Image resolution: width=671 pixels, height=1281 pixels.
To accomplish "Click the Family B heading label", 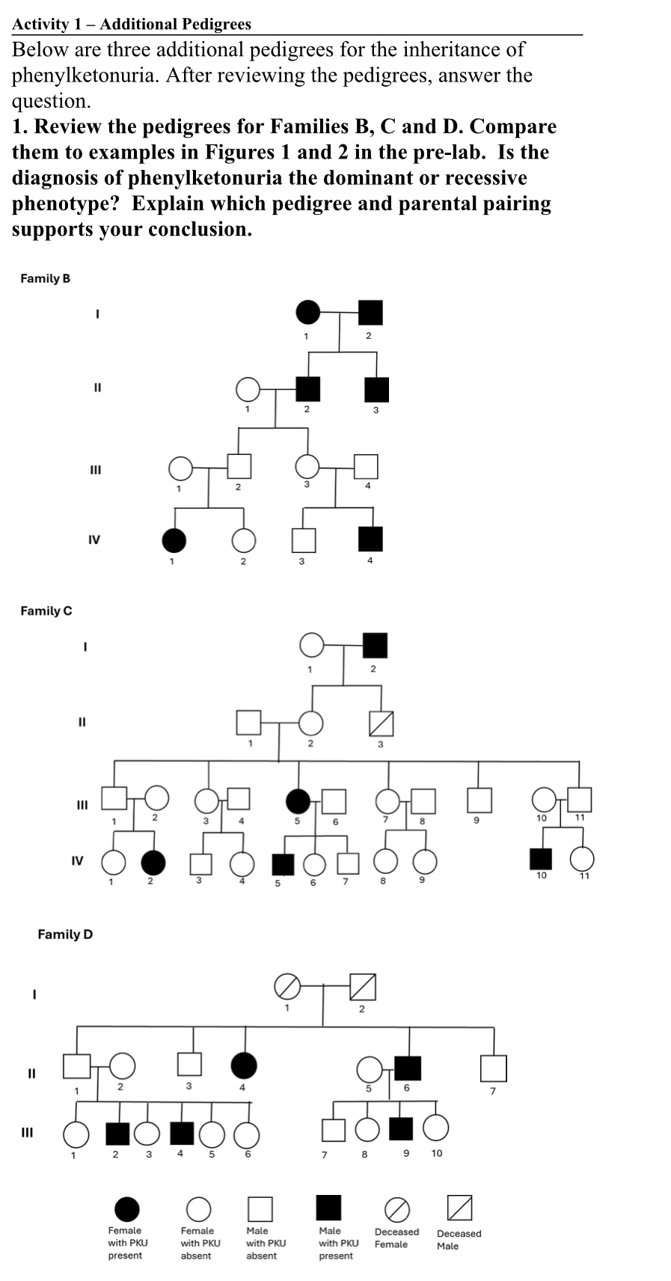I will [45, 278].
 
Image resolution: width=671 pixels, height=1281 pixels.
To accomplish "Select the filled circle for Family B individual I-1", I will [308, 311].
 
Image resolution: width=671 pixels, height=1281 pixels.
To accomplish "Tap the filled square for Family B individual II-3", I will [376, 390].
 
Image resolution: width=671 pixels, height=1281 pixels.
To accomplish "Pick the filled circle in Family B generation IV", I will [174, 539].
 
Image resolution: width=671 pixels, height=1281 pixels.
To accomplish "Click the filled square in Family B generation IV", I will [370, 539].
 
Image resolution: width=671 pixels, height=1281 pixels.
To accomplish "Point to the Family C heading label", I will [46, 611].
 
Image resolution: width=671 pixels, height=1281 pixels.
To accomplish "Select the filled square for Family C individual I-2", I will [375, 645].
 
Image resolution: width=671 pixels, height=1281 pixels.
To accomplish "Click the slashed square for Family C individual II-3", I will [381, 724].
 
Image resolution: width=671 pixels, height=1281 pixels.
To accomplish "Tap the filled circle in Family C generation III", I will [298, 801].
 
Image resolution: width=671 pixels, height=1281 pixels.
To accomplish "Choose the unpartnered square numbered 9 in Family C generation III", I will [479, 800].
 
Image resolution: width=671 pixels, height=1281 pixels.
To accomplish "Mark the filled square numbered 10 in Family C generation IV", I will [540, 859].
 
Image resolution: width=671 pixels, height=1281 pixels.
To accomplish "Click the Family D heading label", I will [65, 934].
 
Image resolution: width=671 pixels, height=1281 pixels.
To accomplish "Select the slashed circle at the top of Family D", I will [287, 987].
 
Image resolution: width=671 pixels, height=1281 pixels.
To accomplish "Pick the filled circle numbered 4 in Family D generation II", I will [244, 1065].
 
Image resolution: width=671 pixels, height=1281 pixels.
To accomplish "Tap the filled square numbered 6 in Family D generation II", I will [408, 1068].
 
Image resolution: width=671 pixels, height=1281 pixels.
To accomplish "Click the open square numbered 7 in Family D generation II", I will [494, 1068].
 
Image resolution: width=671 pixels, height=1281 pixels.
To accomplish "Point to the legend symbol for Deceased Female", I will [397, 1208].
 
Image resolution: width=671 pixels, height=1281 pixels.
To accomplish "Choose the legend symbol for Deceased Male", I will [459, 1207].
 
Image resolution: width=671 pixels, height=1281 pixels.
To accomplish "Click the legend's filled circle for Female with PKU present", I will [126, 1208].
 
